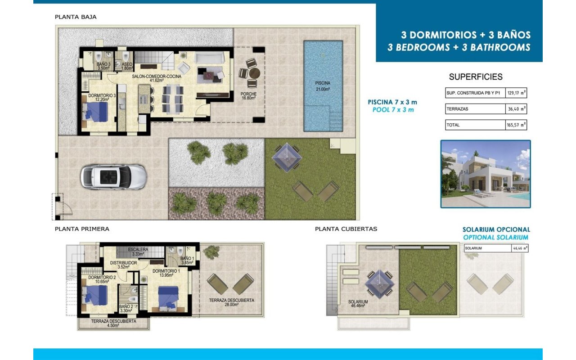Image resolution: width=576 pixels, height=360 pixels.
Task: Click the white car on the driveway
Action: click(x=114, y=177)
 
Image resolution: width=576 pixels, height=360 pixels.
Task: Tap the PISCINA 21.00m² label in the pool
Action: click(x=323, y=86)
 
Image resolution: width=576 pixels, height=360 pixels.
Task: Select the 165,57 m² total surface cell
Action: click(x=516, y=125)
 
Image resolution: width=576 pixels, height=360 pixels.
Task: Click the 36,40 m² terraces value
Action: click(x=516, y=109)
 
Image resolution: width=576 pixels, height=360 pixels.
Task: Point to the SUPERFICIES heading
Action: click(x=476, y=76)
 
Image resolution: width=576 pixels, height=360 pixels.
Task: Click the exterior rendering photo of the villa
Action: click(x=486, y=174)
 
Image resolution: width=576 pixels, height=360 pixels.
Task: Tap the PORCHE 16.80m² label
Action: click(x=248, y=96)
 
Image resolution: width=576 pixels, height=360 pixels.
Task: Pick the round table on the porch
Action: click(x=254, y=73)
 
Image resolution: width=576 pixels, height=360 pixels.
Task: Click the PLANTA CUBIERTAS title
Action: click(x=346, y=229)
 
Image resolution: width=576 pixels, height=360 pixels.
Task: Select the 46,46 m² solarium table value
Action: click(x=520, y=248)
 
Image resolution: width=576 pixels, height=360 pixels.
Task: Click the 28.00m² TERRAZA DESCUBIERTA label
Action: click(x=231, y=302)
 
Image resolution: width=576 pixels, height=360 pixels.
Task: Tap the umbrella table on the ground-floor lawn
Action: click(x=287, y=157)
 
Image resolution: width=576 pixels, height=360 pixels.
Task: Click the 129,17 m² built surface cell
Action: click(x=516, y=93)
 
